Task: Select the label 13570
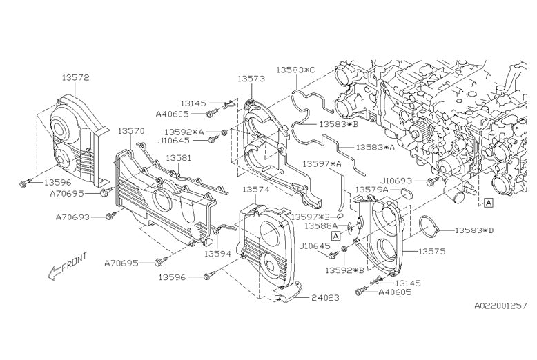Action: [x=130, y=130]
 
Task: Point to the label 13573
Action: [x=251, y=79]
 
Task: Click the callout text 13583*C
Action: [x=295, y=70]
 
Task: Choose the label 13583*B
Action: [x=338, y=124]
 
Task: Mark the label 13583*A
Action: [x=376, y=147]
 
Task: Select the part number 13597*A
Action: [x=323, y=163]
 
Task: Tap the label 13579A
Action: [x=372, y=189]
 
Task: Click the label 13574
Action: [x=255, y=188]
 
